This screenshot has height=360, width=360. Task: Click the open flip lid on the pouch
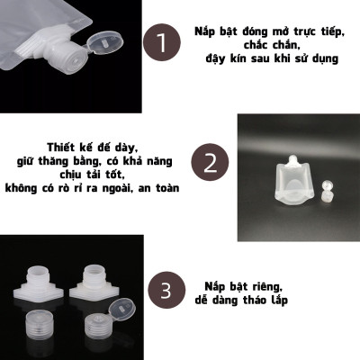(105, 42)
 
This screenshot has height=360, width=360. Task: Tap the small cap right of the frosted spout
(328, 188)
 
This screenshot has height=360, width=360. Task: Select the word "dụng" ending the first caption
(323, 59)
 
